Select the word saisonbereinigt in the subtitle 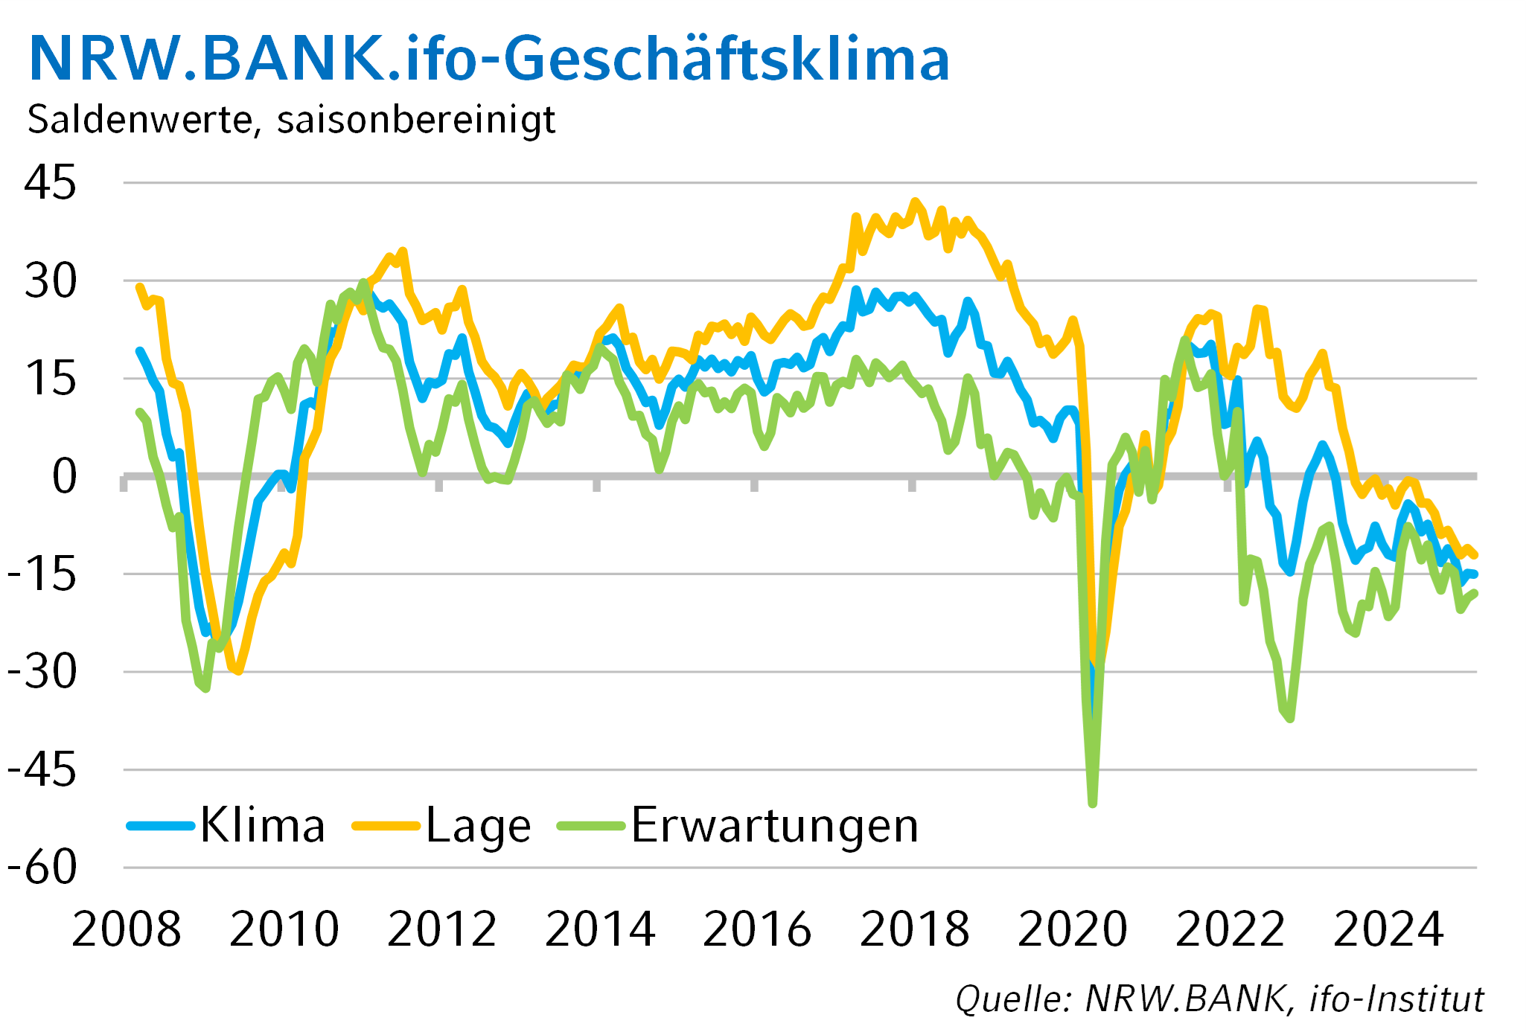[416, 120]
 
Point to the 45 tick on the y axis [50, 182]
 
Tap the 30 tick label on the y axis [50, 282]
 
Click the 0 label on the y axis [64, 476]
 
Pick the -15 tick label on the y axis [42, 575]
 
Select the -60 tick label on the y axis [42, 868]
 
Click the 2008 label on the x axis [127, 929]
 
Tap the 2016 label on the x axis [757, 929]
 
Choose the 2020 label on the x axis [1073, 929]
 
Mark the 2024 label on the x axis [1388, 929]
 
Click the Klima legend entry [227, 825]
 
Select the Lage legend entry [443, 825]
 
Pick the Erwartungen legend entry [739, 825]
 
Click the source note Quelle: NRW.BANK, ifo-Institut [1219, 999]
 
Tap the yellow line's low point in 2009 [237, 671]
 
